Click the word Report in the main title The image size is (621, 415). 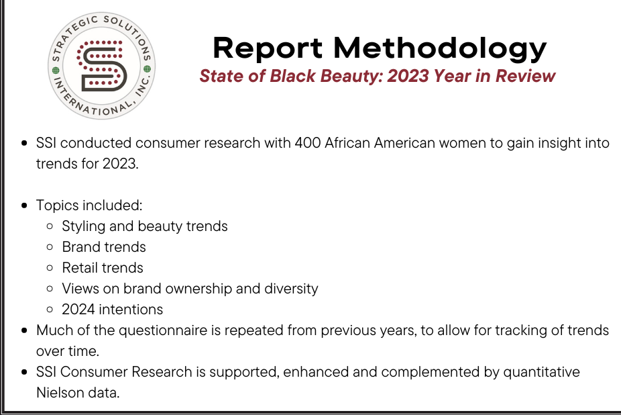click(268, 48)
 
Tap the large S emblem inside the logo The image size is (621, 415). click(101, 65)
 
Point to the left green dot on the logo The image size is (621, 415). click(56, 71)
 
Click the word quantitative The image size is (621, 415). click(541, 372)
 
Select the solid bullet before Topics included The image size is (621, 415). click(25, 205)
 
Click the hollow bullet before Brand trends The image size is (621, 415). click(50, 247)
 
